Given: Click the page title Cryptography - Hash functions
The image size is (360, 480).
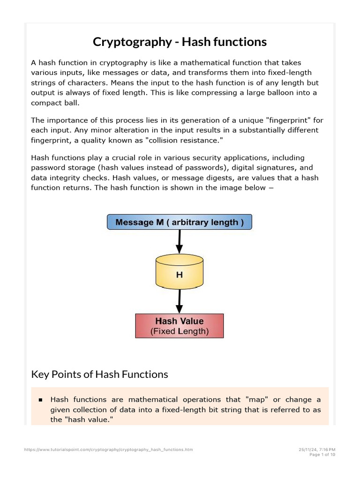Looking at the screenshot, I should point(180,42).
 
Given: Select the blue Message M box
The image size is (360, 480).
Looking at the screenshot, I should point(180,222).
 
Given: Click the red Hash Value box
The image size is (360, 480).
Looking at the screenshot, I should point(180,326).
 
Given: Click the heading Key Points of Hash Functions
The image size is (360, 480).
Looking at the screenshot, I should point(99,374).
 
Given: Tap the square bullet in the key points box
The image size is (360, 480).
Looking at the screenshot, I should point(40,400).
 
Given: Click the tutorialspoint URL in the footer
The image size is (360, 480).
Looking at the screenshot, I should point(108,450).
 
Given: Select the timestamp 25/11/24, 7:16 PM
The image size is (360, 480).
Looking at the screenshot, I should point(317,450).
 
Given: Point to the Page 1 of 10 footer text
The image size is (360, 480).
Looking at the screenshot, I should point(322,455).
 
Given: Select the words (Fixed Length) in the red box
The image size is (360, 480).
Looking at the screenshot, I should point(180,331).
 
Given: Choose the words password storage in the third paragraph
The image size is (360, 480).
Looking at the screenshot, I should point(59,167).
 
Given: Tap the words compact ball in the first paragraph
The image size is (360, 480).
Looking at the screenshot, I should point(52,102).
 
